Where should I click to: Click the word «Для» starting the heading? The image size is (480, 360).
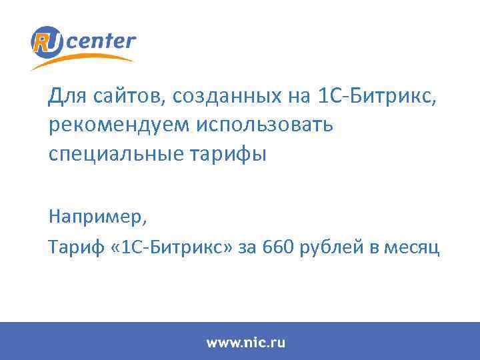(65, 97)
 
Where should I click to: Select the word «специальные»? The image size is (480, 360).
(105, 155)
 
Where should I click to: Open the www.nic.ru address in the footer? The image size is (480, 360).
(245, 343)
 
